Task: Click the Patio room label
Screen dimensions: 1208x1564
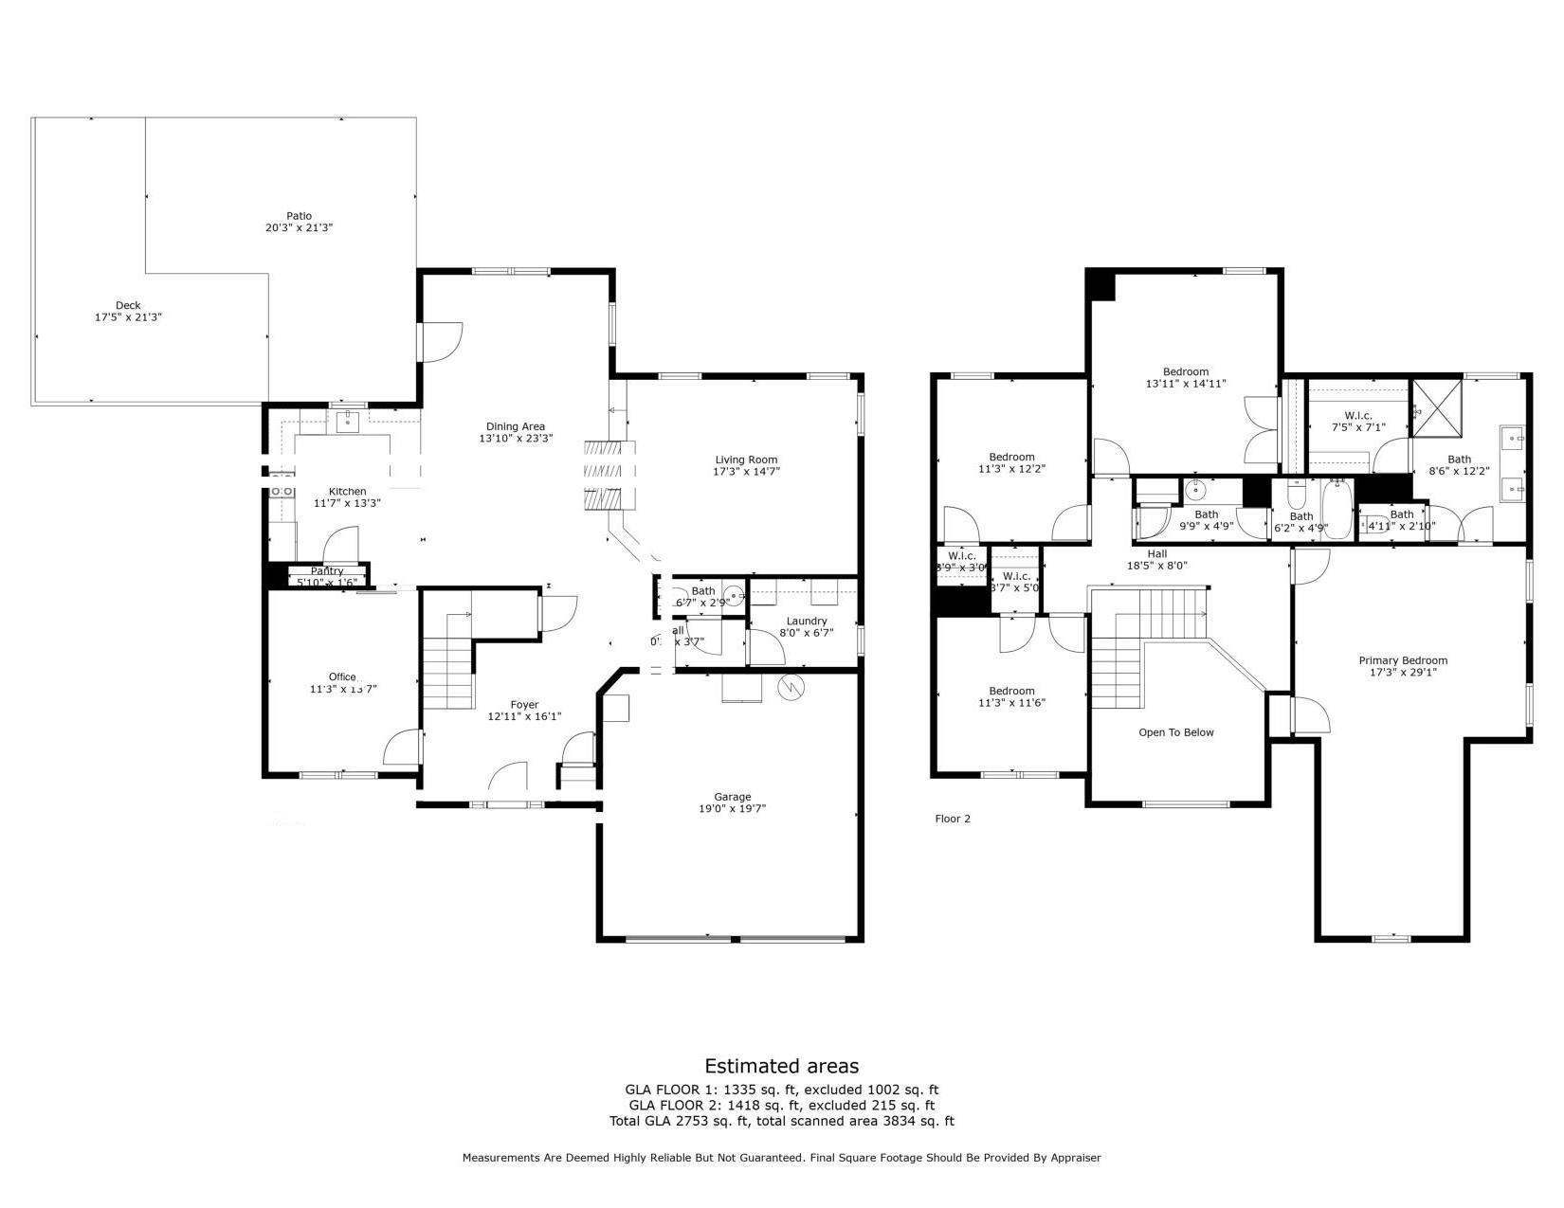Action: point(299,216)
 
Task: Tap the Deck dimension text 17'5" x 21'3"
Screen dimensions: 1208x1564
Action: point(128,318)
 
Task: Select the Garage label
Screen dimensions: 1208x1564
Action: point(732,797)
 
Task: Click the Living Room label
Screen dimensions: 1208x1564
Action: point(746,460)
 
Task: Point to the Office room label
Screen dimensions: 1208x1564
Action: point(342,676)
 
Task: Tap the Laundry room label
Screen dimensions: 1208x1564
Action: point(806,621)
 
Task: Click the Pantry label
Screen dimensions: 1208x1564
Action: point(327,571)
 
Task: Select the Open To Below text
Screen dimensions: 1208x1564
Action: point(1175,732)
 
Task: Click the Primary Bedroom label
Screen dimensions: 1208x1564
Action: point(1402,660)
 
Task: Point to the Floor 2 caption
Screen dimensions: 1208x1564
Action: point(953,819)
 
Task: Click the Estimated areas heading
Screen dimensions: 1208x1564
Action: point(781,1066)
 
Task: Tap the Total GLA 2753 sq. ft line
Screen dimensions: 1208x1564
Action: point(781,1121)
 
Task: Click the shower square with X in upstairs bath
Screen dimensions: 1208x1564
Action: point(1440,408)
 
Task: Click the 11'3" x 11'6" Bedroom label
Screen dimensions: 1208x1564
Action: point(1011,691)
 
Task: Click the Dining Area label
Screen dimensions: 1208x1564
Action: point(516,426)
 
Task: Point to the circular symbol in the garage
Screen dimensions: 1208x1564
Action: point(791,688)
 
